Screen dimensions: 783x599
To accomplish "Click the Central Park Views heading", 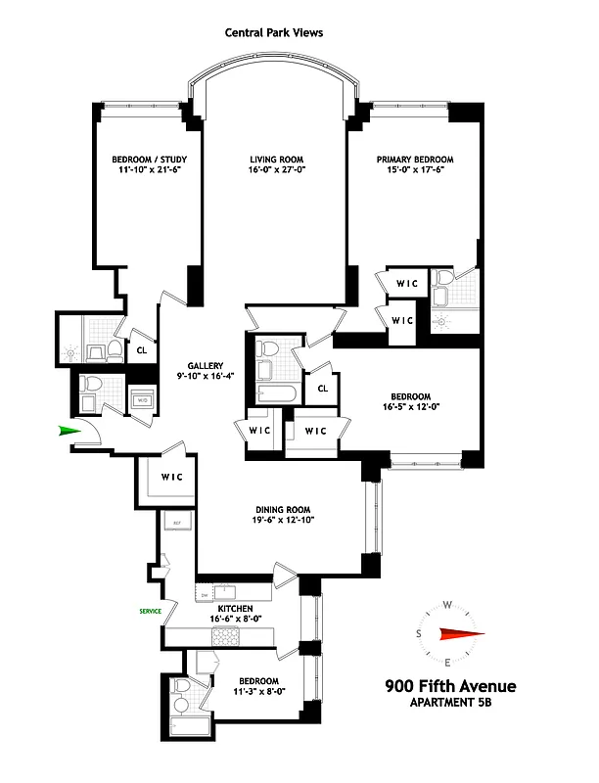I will tap(273, 32).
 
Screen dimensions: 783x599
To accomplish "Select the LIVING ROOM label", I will tap(275, 160).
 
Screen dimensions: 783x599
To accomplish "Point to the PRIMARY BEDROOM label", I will tap(414, 160).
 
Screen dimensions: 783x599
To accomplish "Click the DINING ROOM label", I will tap(283, 508).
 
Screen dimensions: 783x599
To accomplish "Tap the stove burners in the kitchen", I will tap(226, 636).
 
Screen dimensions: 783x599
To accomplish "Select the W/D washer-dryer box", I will tap(142, 400).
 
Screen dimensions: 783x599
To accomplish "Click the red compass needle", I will tap(459, 632).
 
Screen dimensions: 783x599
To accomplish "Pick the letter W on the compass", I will tap(447, 604).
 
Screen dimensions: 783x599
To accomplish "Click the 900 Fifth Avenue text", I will tap(450, 685).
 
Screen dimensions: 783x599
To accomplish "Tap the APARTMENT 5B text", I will tap(450, 702).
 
